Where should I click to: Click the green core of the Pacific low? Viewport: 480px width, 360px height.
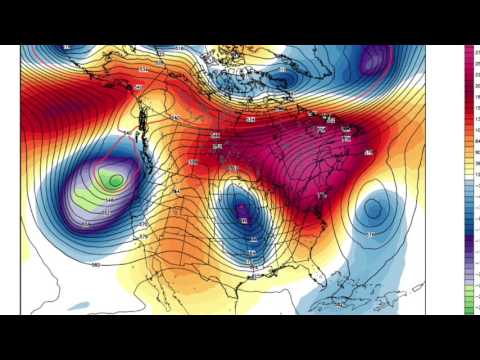(x=115, y=181)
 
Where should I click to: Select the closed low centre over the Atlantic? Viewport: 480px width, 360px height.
(x=374, y=209)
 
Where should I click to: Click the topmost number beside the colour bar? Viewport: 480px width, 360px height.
(x=477, y=49)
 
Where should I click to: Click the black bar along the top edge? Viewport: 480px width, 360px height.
(x=240, y=21)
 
